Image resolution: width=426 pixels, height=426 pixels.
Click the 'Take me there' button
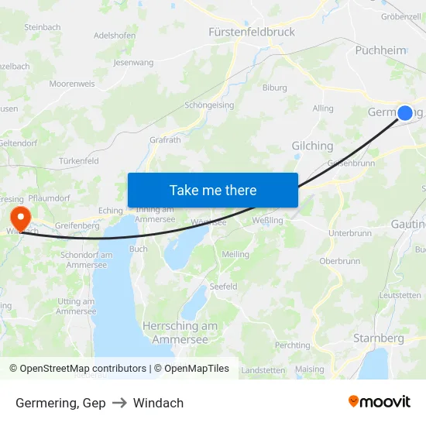[x=213, y=190]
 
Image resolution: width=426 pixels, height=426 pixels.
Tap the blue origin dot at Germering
[x=404, y=113]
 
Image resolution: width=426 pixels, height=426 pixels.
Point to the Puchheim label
[x=380, y=50]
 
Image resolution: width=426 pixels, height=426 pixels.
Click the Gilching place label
[x=312, y=146]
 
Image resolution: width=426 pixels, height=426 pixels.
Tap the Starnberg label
[x=378, y=338]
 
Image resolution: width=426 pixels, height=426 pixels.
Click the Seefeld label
[x=223, y=286]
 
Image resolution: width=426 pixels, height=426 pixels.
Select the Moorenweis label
[x=72, y=84]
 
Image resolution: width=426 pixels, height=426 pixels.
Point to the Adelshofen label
[x=115, y=36]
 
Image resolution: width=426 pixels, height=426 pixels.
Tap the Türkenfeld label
[x=78, y=161]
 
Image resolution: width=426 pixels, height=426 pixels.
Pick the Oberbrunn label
[x=339, y=261]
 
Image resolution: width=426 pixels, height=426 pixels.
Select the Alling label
[x=323, y=109]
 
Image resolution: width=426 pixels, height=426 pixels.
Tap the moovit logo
[x=380, y=401]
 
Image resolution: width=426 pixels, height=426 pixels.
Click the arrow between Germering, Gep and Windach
[x=119, y=403]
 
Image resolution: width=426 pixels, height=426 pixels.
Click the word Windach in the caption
[x=158, y=403]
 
